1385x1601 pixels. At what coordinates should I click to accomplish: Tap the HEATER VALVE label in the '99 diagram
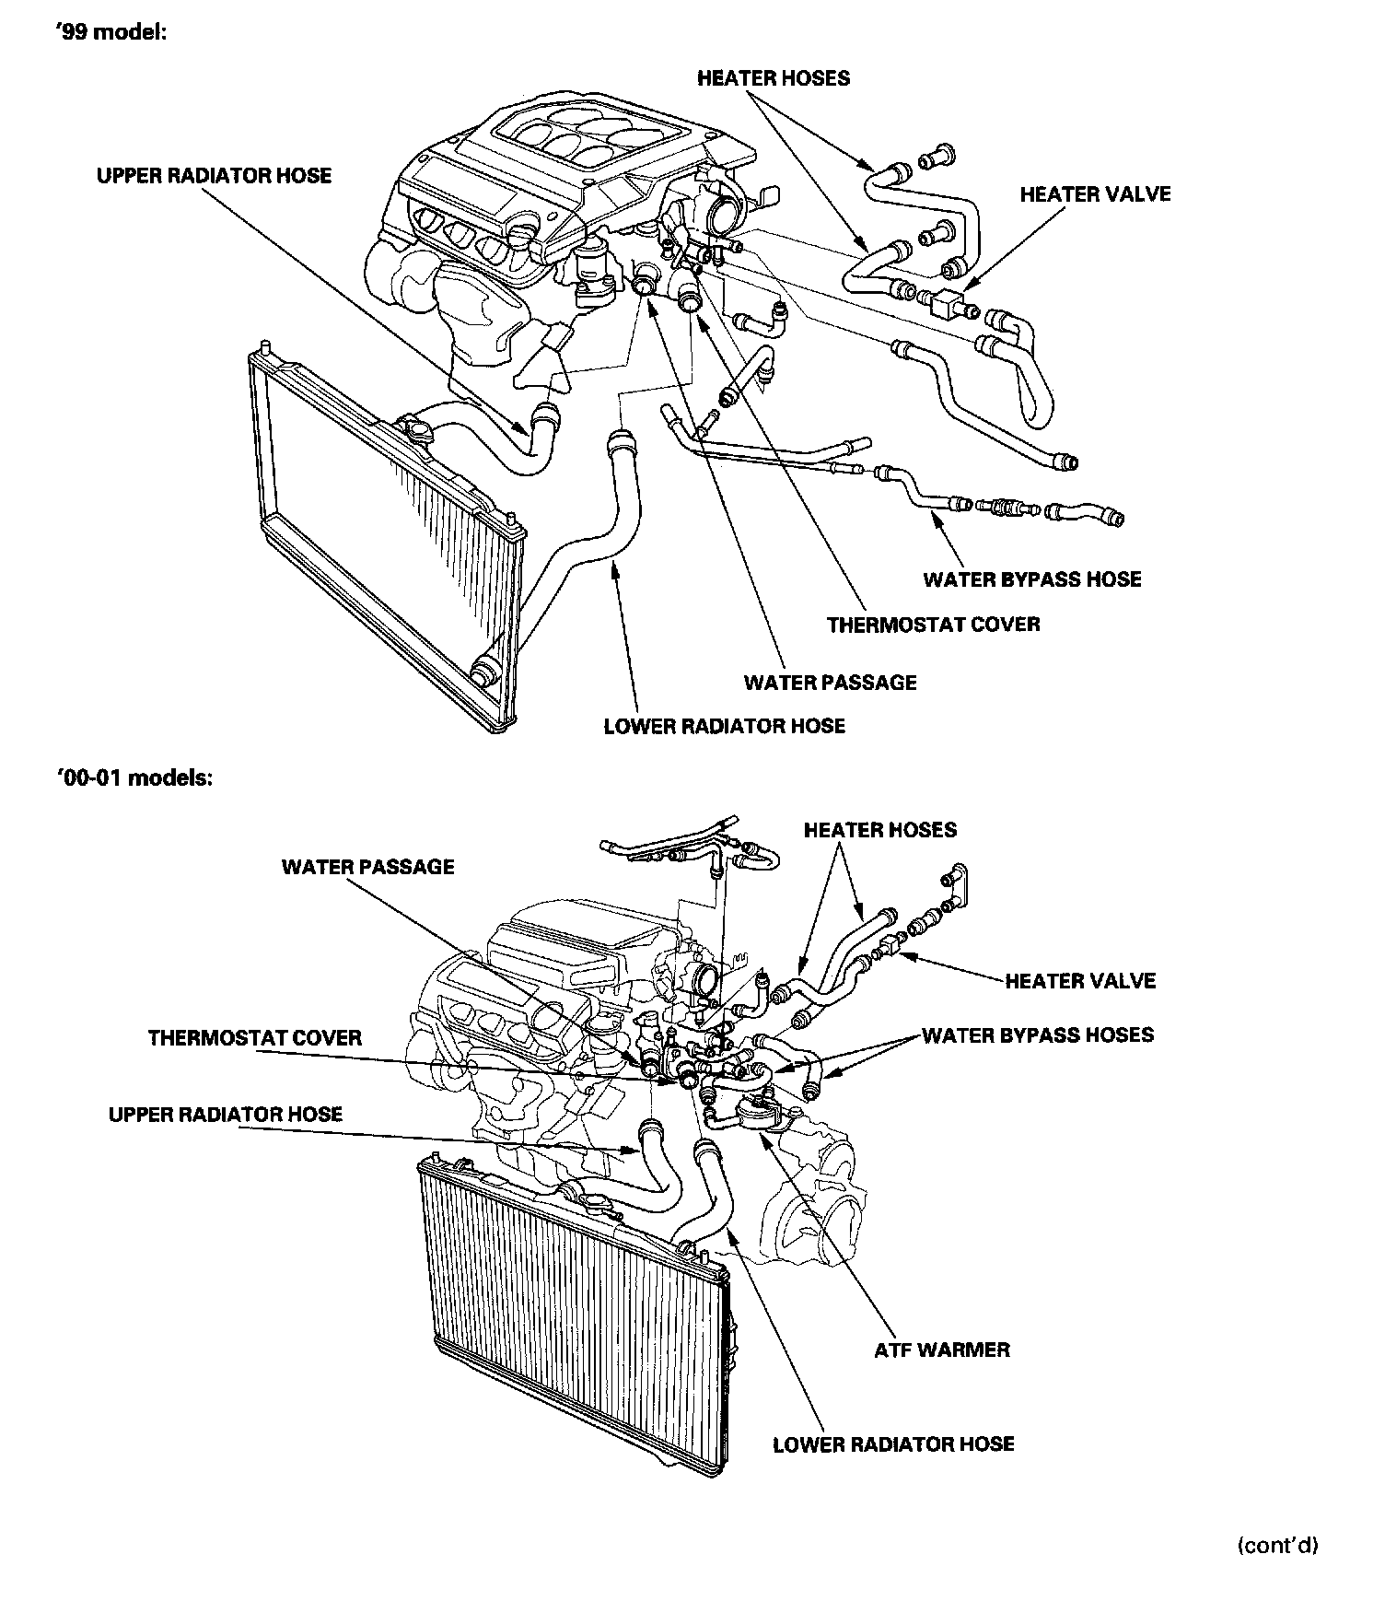click(1095, 194)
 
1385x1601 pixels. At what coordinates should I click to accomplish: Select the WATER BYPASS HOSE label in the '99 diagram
click(1031, 579)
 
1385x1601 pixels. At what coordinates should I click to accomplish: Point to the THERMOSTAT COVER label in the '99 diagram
click(933, 625)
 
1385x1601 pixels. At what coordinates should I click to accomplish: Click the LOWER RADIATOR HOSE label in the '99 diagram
click(724, 725)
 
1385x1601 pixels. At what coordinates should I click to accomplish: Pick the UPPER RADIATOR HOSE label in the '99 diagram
click(214, 175)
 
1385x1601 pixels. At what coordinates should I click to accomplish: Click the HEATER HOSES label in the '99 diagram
click(773, 78)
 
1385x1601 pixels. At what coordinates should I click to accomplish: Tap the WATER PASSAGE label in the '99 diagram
click(830, 683)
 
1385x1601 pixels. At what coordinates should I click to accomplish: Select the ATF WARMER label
click(941, 1350)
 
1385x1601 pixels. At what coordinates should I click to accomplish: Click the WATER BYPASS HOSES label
click(1037, 1034)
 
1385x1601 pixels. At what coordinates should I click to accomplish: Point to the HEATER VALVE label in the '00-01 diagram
click(1079, 981)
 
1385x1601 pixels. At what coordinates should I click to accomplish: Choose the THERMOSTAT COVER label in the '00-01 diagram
click(255, 1038)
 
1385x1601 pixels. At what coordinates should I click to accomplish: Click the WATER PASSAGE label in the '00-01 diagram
click(367, 867)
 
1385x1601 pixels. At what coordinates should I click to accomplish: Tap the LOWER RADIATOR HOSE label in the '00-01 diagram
click(893, 1443)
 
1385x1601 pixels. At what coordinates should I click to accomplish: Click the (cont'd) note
click(1277, 1546)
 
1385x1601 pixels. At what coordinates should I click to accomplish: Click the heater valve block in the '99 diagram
click(947, 303)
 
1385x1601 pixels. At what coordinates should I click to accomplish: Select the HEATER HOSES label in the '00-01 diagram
click(879, 830)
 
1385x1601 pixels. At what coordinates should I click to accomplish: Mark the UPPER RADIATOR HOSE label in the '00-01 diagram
click(226, 1115)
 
